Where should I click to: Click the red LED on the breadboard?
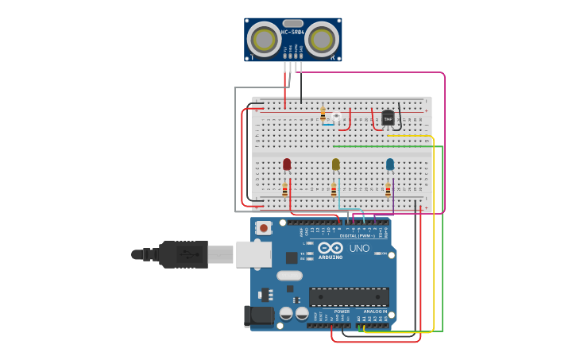[287, 164]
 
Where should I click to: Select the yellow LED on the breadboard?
[335, 164]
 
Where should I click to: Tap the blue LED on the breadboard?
[389, 164]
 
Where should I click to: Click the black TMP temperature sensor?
[388, 118]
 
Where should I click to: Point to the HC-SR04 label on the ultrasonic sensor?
[292, 33]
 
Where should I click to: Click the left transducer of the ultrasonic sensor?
[263, 39]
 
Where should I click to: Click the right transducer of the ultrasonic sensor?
[322, 39]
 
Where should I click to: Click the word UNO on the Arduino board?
[359, 249]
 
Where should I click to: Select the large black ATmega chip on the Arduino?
[349, 297]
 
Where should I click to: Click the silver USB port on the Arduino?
[253, 254]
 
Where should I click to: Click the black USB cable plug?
[184, 254]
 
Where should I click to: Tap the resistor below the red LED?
[284, 190]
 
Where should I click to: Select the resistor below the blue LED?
[388, 190]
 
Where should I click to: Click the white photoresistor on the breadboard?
[336, 118]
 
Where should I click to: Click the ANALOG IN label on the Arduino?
[374, 312]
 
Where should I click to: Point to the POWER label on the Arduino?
[342, 312]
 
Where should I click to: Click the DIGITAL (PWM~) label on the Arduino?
[358, 236]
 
